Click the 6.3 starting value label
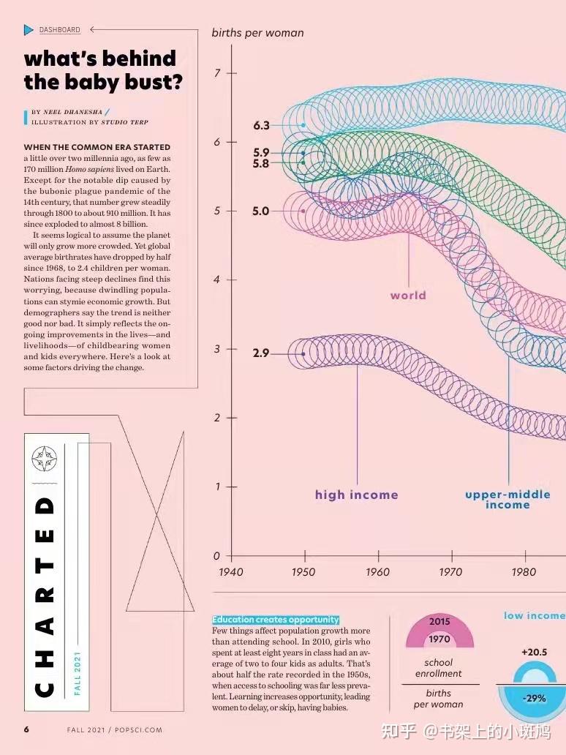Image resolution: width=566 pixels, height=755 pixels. click(261, 125)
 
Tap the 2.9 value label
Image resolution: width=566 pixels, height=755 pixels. click(261, 353)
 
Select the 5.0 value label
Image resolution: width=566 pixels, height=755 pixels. click(261, 211)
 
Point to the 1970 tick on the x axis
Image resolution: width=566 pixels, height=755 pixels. click(450, 572)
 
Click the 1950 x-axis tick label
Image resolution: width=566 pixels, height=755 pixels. click(303, 572)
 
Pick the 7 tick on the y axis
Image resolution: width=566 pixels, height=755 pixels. click(217, 73)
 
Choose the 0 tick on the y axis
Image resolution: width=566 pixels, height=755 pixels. click(216, 556)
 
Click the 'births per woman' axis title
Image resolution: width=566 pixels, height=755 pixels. click(257, 33)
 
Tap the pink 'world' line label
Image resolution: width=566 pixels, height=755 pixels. click(408, 296)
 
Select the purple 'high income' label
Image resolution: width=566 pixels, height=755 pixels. click(356, 495)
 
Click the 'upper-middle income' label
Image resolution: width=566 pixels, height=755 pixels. click(507, 500)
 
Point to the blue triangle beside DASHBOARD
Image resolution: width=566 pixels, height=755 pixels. click(29, 29)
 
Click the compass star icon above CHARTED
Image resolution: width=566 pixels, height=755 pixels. click(44, 459)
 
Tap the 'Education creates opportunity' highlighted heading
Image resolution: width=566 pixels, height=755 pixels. click(276, 620)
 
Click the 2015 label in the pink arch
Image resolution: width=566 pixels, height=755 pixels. click(439, 622)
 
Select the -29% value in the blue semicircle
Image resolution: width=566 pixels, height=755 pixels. click(534, 698)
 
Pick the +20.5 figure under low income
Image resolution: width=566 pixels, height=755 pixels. click(534, 652)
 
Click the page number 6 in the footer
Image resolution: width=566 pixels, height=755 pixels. click(26, 729)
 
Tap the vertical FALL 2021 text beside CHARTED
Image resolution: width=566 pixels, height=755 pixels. click(78, 673)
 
